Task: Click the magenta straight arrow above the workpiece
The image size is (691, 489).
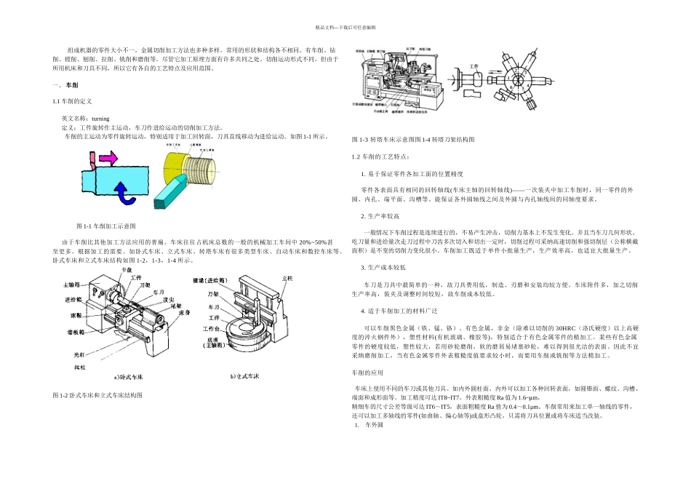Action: coord(106,157)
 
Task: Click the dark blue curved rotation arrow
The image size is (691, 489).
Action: coord(125,192)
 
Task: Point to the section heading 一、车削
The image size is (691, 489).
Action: coord(65,86)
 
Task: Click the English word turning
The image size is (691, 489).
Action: coord(99,118)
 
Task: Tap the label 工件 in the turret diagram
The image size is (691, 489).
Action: coord(476,66)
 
